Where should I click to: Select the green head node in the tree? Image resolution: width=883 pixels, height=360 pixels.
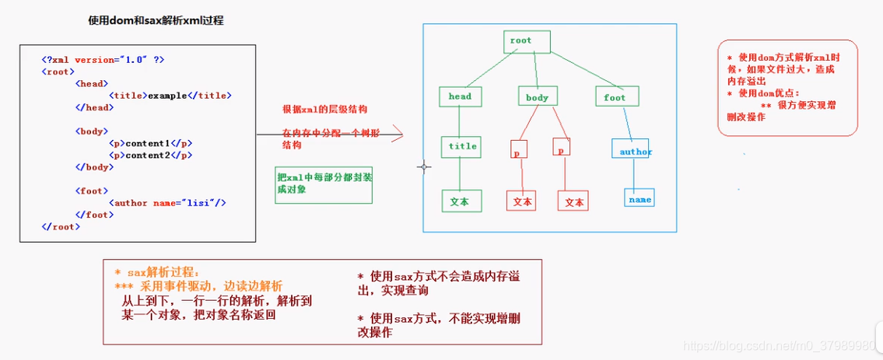[460, 96]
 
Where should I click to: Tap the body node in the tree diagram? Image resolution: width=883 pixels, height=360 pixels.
[537, 96]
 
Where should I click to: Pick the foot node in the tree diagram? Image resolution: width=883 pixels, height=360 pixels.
[615, 96]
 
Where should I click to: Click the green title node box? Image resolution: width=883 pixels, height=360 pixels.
[461, 146]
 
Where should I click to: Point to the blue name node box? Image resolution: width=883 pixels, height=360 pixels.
[639, 198]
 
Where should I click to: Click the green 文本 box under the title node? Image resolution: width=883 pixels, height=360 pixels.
[461, 201]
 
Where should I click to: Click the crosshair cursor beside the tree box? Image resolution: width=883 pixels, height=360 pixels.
[424, 166]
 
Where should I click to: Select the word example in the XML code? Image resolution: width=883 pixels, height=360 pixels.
[167, 96]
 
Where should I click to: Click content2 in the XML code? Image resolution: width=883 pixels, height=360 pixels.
[147, 155]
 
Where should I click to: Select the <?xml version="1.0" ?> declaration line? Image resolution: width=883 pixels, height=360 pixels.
[103, 59]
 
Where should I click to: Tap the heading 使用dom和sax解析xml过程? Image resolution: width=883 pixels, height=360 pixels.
[156, 21]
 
